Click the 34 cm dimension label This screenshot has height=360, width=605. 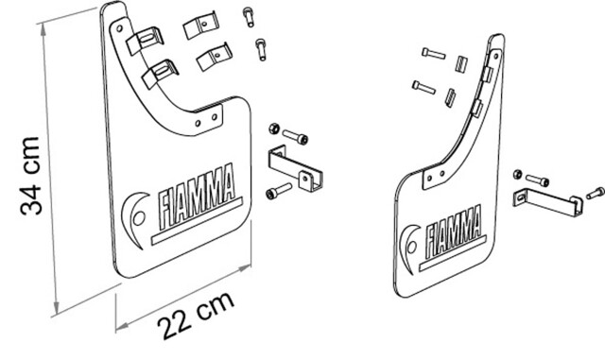[30, 176]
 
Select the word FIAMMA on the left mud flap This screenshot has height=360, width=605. [197, 196]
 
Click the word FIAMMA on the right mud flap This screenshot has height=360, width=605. [454, 231]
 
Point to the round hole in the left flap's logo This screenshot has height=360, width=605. [139, 218]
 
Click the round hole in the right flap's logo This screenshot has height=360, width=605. [412, 247]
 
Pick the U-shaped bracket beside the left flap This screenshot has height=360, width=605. [296, 168]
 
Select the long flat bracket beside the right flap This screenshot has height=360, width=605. [548, 202]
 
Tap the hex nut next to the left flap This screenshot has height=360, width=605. [274, 129]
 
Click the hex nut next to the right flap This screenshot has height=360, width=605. [517, 174]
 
